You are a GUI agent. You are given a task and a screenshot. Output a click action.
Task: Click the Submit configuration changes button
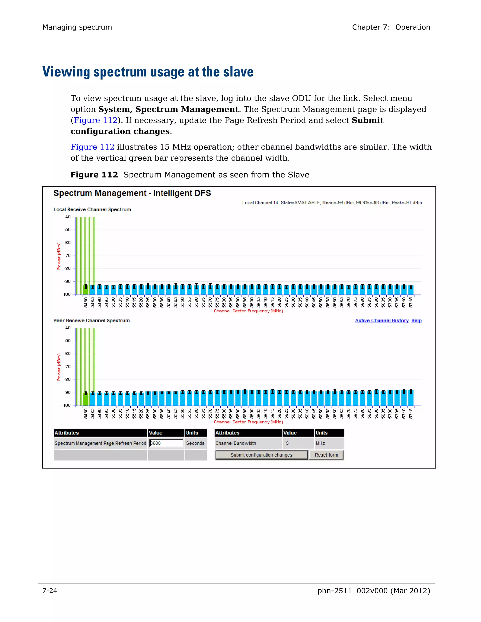click(x=261, y=455)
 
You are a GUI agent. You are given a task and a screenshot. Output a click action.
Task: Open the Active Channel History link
click(x=382, y=320)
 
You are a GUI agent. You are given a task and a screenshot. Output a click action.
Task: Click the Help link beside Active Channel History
click(x=416, y=320)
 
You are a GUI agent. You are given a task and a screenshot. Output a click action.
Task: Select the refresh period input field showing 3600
click(x=166, y=443)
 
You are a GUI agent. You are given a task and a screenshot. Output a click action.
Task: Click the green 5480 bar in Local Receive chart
click(x=85, y=290)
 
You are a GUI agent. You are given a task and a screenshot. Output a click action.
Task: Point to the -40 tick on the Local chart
click(x=67, y=217)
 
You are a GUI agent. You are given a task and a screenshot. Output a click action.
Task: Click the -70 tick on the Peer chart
click(x=67, y=367)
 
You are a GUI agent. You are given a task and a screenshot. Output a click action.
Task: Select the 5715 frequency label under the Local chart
click(x=411, y=303)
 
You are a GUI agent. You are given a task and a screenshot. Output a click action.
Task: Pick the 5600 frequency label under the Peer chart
click(x=252, y=414)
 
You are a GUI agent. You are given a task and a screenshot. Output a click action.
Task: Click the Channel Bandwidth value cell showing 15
click(x=286, y=443)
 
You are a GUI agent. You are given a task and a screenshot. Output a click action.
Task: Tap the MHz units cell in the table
click(x=320, y=443)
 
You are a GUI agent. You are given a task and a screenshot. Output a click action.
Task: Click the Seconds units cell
click(x=195, y=443)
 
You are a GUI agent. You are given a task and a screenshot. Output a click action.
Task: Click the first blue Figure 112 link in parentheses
click(x=95, y=120)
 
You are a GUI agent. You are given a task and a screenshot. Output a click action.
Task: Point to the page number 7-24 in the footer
click(x=50, y=591)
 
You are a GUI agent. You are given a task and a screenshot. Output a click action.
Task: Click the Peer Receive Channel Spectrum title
click(x=91, y=320)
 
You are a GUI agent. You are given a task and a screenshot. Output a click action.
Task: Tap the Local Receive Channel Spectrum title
click(x=92, y=209)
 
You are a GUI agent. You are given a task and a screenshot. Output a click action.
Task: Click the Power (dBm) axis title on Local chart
click(x=59, y=256)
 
